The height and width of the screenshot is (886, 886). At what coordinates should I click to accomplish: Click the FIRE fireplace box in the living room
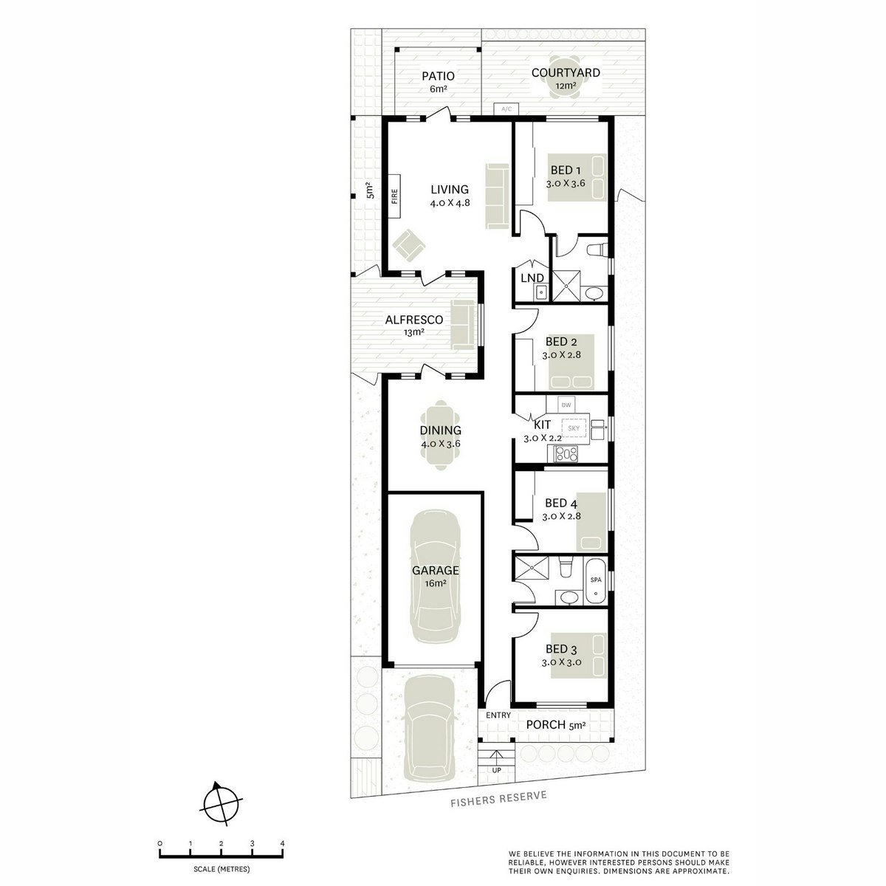click(394, 196)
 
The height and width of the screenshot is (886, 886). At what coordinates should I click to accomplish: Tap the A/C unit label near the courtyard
click(506, 109)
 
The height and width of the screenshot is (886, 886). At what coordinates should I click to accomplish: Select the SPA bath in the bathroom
click(596, 580)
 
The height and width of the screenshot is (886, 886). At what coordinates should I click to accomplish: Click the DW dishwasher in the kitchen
click(566, 405)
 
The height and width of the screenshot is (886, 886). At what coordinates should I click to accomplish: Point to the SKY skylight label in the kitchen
click(574, 428)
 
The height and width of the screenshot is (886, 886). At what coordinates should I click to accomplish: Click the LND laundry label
click(532, 278)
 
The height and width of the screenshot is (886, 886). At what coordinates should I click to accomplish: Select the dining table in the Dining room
click(441, 436)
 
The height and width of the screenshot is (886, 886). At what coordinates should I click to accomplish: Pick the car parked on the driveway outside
click(429, 728)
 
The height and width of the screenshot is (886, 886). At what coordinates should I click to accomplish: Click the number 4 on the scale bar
click(283, 843)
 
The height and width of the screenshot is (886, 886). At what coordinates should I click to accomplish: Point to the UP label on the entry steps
click(495, 771)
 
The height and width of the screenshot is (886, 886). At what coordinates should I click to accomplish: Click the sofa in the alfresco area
click(464, 325)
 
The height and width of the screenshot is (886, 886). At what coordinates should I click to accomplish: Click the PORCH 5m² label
click(555, 725)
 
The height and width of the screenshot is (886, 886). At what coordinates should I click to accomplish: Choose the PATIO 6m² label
click(438, 81)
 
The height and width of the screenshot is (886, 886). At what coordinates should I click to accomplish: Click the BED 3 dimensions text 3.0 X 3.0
click(562, 662)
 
